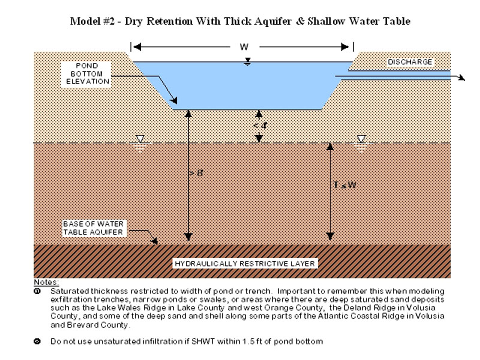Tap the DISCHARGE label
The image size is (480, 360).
click(x=409, y=62)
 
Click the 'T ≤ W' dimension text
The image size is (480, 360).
click(x=345, y=184)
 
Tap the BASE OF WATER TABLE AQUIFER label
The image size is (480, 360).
click(x=92, y=228)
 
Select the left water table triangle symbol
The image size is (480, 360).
click(x=139, y=140)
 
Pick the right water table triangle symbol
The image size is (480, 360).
click(x=361, y=140)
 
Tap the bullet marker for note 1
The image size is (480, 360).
click(x=37, y=290)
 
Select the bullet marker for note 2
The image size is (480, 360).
click(x=37, y=341)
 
